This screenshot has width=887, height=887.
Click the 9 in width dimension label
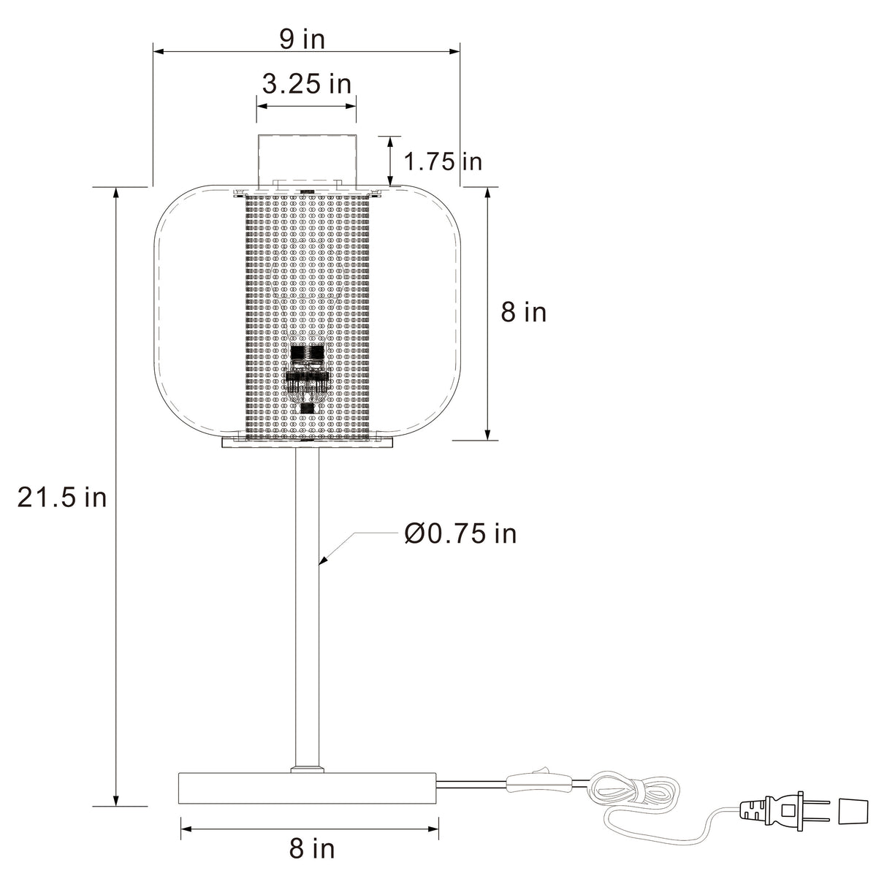[x=302, y=39]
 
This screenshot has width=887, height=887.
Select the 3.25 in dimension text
[x=306, y=84]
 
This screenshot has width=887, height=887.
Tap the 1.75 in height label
[x=443, y=161]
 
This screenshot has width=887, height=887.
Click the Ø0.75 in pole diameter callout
[x=460, y=534]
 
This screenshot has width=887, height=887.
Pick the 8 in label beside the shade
[x=523, y=312]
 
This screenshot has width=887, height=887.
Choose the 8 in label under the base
[x=312, y=849]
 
